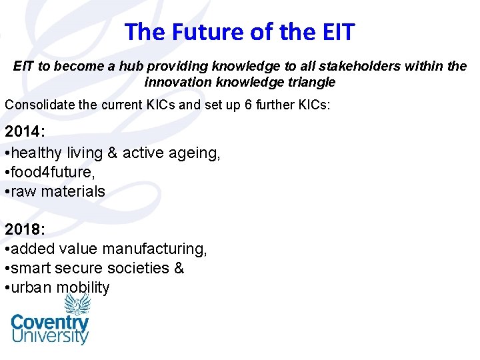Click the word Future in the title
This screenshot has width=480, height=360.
click(207, 31)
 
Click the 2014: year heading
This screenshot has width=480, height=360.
click(25, 133)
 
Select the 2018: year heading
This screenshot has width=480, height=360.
click(25, 229)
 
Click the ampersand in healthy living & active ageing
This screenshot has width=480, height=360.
click(112, 153)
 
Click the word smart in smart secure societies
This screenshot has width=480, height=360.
click(31, 268)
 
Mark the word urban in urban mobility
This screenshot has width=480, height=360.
click(32, 287)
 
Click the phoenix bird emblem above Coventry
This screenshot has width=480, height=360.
click(77, 303)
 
